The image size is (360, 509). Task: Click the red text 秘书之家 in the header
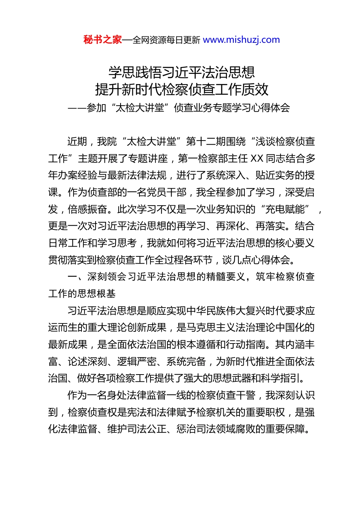pos(103,40)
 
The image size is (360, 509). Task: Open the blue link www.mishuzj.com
pos(241,40)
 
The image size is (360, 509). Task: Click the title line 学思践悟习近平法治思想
pos(182,72)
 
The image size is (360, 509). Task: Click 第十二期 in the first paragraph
pos(206,142)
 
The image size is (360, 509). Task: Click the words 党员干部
pos(167,192)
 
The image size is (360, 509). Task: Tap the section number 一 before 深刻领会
pos(72,277)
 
